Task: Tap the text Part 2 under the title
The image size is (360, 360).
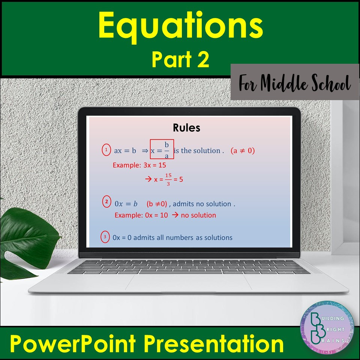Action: (x=180, y=60)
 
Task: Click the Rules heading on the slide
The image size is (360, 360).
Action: (x=186, y=128)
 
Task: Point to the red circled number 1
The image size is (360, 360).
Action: (x=106, y=150)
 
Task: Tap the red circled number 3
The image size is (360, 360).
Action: (x=106, y=237)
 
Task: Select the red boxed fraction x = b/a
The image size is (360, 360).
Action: (x=162, y=149)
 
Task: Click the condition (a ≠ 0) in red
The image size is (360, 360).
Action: (x=243, y=151)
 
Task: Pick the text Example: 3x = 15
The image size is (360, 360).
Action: (x=139, y=165)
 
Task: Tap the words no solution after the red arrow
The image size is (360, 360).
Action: (x=198, y=215)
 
